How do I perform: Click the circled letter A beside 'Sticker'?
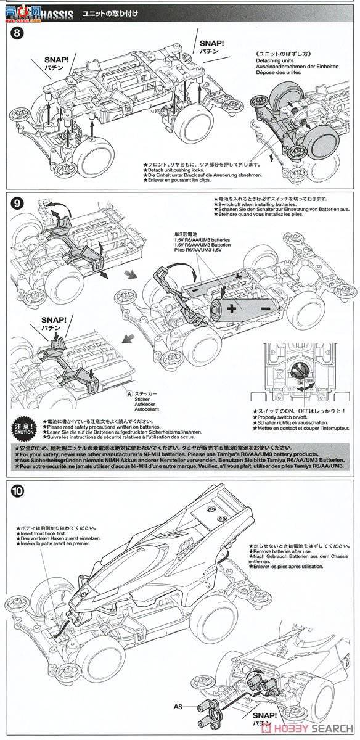(x=128, y=393)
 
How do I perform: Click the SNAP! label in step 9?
(x=52, y=321)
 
